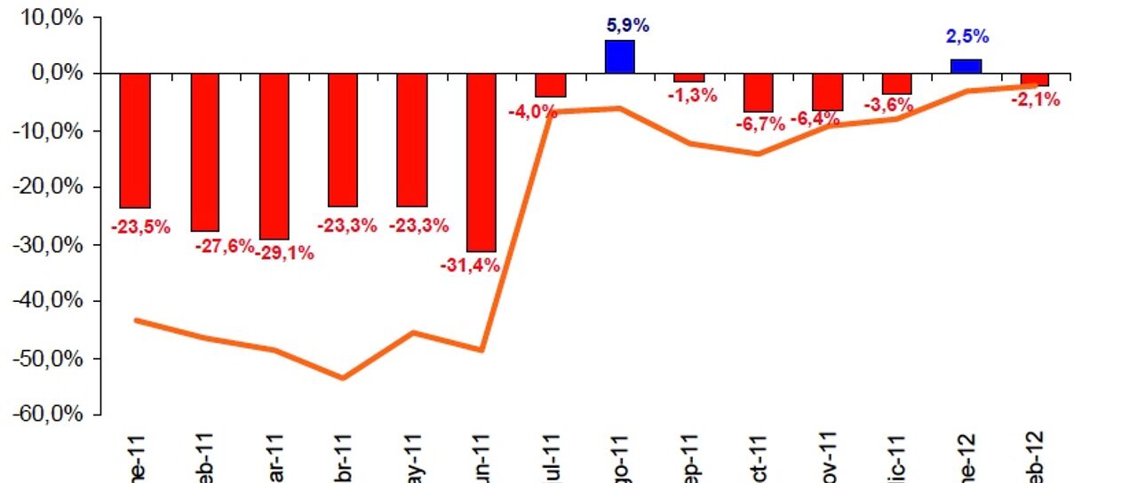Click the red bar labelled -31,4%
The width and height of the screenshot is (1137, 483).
481,162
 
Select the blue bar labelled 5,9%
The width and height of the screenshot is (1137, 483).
620,57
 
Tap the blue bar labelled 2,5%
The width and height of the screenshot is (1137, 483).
966,66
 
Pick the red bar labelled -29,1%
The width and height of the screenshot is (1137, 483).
274,155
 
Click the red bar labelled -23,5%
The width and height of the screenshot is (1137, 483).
135,139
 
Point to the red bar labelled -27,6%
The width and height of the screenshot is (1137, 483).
204,152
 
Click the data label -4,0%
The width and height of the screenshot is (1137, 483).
533,112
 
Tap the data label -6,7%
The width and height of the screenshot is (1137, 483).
759,124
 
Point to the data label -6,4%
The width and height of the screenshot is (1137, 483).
815,119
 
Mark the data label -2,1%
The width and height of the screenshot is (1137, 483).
1036,100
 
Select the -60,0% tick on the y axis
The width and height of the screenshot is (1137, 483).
51,416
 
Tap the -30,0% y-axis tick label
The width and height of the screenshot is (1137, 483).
51,245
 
